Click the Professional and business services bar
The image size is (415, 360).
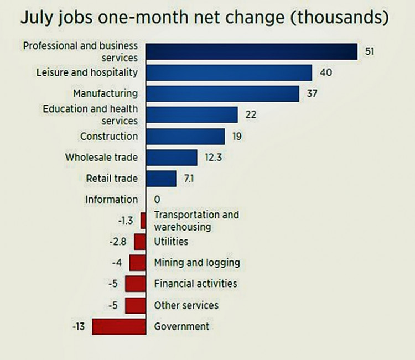pyautogui.click(x=252, y=51)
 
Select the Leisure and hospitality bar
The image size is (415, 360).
pyautogui.click(x=229, y=72)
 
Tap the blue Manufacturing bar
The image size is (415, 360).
pyautogui.click(x=222, y=93)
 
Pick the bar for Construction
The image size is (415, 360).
pyautogui.click(x=185, y=136)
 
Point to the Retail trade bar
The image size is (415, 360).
pyautogui.click(x=161, y=179)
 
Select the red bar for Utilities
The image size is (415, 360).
pyautogui.click(x=139, y=242)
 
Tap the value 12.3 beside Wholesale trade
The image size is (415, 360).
pyautogui.click(x=212, y=158)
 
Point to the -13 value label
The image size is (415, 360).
pyautogui.click(x=78, y=326)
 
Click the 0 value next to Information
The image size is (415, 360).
pyautogui.click(x=157, y=200)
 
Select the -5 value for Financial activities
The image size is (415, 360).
pyautogui.click(x=115, y=284)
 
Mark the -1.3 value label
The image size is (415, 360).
pyautogui.click(x=125, y=221)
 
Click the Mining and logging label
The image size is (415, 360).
pyautogui.click(x=197, y=262)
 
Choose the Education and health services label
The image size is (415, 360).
pyautogui.click(x=90, y=114)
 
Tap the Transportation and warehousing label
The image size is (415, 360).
pyautogui.click(x=196, y=221)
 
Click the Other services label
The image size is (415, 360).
pyautogui.click(x=186, y=305)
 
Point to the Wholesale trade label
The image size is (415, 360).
pyautogui.click(x=101, y=158)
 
